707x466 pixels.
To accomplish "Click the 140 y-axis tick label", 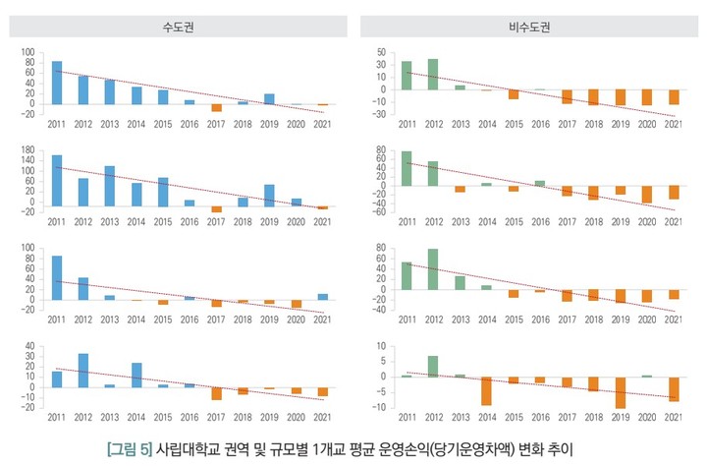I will (27, 160).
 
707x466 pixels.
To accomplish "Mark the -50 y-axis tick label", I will (378, 114).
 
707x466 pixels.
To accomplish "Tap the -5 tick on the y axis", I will (381, 392).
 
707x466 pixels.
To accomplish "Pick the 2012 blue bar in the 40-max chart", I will (82, 370).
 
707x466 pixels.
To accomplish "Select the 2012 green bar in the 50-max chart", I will (433, 74).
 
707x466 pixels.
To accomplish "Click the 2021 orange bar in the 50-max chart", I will (674, 96).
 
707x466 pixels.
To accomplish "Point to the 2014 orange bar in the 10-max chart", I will (486, 390).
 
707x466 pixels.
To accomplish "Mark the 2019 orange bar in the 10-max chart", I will (621, 392).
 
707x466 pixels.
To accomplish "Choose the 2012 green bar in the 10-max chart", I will (433, 366).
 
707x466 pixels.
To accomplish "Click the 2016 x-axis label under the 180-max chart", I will (190, 221).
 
